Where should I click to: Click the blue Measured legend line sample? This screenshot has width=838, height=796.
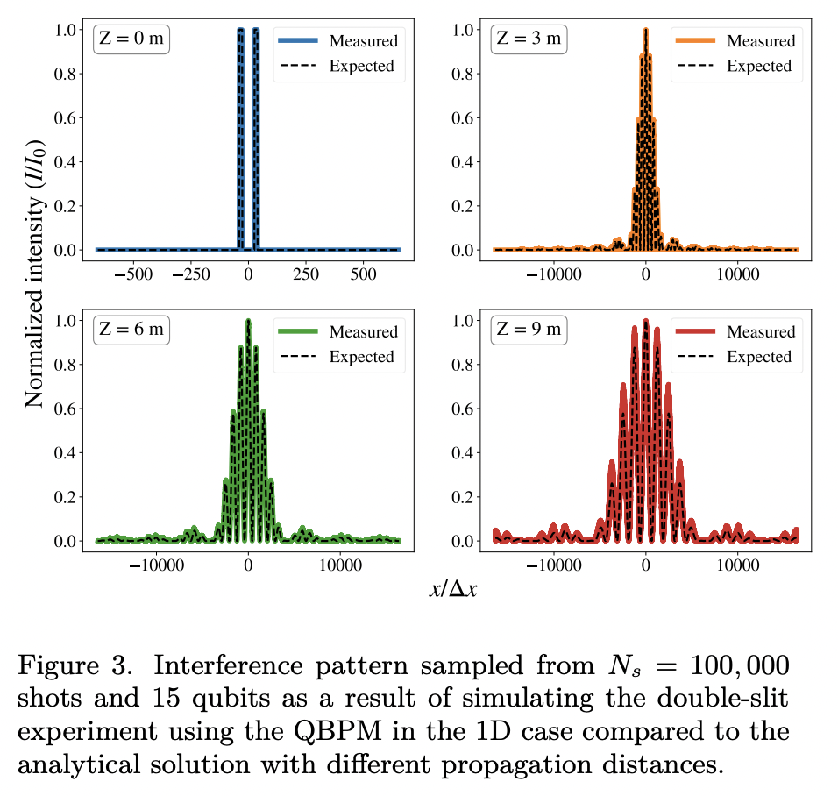coord(299,40)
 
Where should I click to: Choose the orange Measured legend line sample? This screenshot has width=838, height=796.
coord(696,40)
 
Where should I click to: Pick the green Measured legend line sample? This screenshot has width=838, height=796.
coord(299,331)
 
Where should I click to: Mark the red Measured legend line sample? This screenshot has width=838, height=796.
coord(696,331)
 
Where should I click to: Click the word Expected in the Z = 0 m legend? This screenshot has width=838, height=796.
coord(361,66)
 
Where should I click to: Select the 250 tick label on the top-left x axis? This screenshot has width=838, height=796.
coord(306,274)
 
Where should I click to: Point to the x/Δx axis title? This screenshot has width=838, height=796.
coord(452,589)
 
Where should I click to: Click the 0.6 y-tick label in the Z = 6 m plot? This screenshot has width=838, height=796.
coord(67,409)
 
